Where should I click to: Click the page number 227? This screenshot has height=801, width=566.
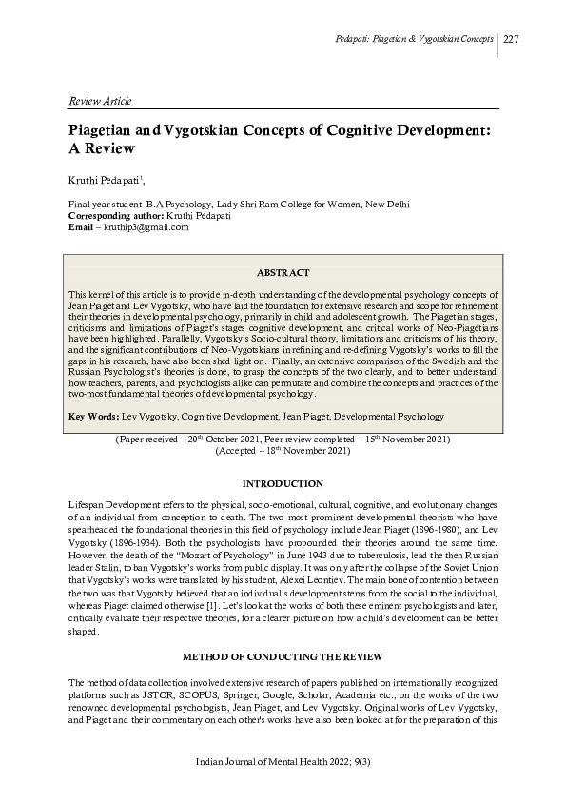tap(511, 40)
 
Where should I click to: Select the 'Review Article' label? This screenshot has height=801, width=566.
tap(99, 101)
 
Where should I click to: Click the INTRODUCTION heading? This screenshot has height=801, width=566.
tap(283, 484)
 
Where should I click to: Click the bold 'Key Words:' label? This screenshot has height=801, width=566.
tap(92, 417)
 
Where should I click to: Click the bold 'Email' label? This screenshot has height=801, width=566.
tap(81, 227)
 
